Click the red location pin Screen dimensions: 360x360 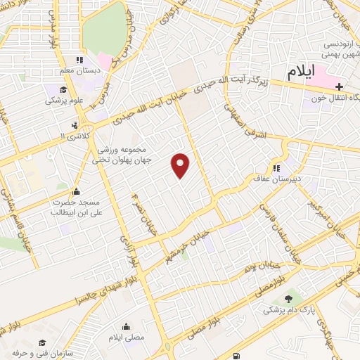(x=181, y=166)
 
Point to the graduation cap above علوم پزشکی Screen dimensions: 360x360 (x=63, y=90)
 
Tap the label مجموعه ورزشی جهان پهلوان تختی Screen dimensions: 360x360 (x=119, y=154)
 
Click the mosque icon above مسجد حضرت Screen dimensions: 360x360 (x=76, y=192)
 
